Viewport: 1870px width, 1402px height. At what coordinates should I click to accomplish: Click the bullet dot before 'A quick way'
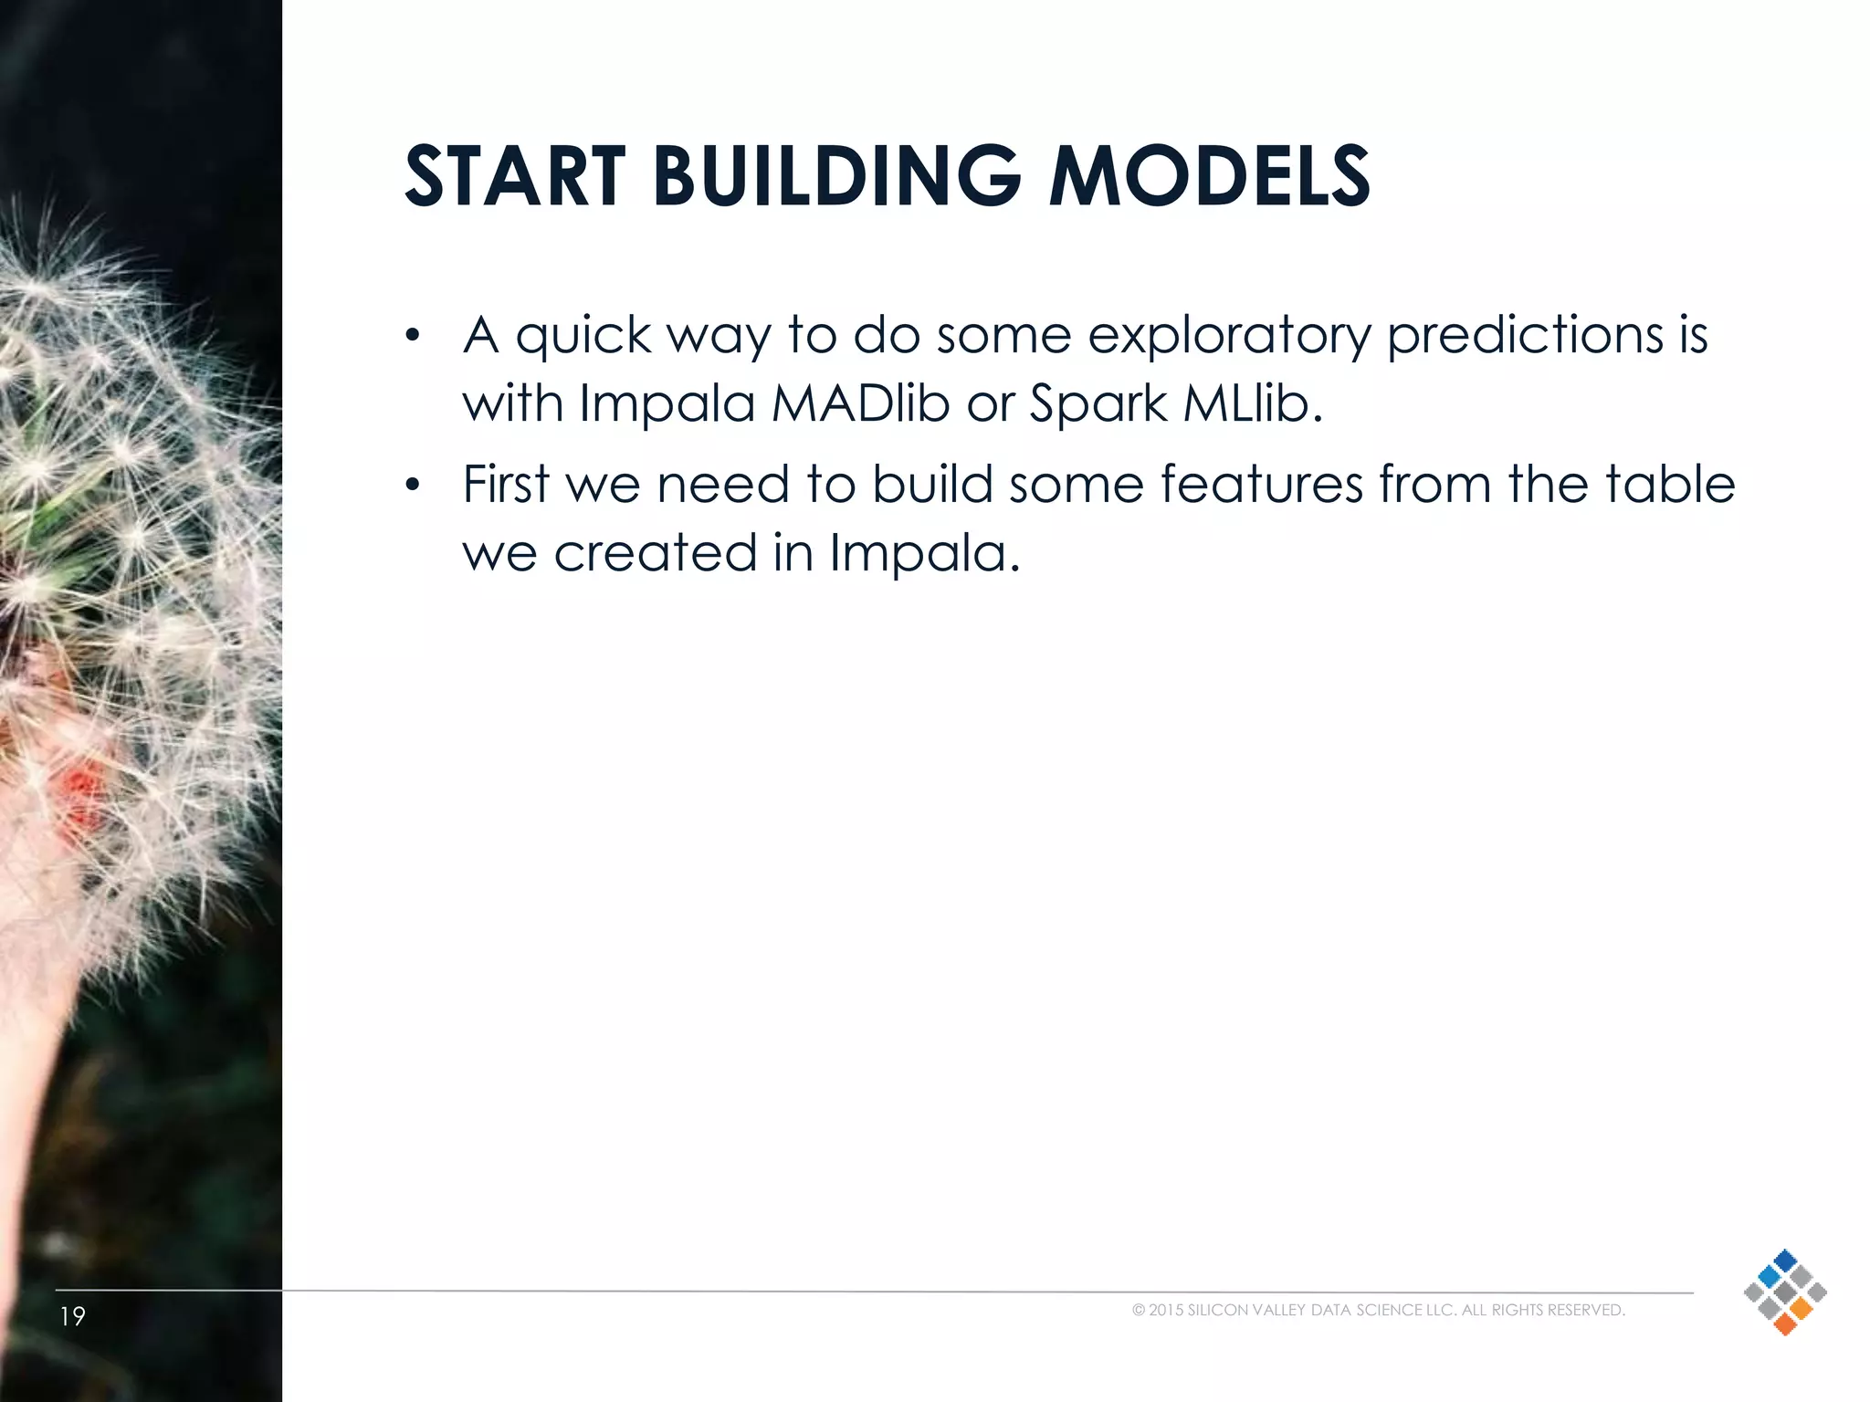(413, 335)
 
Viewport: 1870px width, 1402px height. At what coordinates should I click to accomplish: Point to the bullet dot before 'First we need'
(413, 485)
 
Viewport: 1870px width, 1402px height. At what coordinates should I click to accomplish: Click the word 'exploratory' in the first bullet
(1229, 335)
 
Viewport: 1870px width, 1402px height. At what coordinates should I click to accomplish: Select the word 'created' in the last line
(655, 552)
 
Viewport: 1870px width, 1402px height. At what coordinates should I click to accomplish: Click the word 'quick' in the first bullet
(583, 335)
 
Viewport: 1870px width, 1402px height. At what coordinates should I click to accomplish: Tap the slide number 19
(72, 1316)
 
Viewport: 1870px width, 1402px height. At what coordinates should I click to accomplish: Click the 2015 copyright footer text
(1378, 1310)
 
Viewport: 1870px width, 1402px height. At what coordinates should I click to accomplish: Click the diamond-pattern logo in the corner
(1784, 1292)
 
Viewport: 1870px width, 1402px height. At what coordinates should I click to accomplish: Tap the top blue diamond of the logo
(1785, 1260)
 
